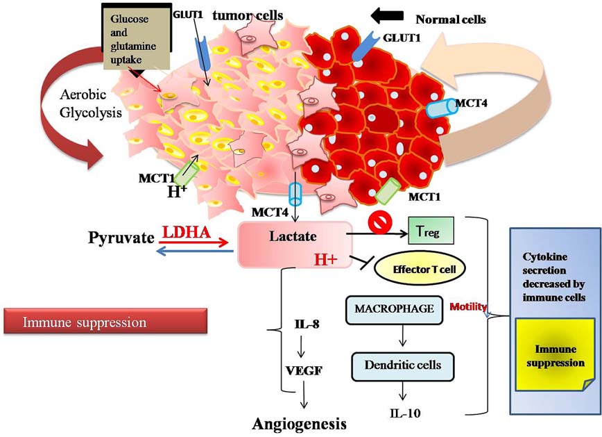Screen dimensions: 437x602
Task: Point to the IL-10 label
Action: pyautogui.click(x=401, y=414)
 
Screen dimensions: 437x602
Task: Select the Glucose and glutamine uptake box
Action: pyautogui.click(x=130, y=39)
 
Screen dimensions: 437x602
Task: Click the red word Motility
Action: pyautogui.click(x=468, y=306)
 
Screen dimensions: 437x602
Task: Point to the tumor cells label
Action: pyautogui.click(x=241, y=15)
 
